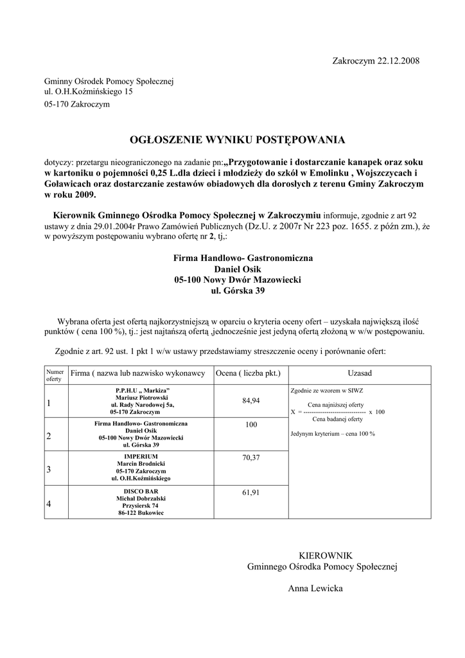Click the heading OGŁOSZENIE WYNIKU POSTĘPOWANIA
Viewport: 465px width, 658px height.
click(x=238, y=139)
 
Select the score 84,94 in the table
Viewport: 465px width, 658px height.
click(x=251, y=400)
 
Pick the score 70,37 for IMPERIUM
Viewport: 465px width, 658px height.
click(x=251, y=458)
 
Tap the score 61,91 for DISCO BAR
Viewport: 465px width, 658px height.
click(x=251, y=492)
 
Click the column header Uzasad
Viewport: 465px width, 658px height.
click(x=360, y=373)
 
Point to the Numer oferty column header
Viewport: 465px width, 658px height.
click(x=55, y=375)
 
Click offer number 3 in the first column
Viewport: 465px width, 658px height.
click(x=48, y=470)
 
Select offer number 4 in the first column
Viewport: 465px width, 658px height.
click(x=48, y=504)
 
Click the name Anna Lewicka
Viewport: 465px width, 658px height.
click(x=315, y=589)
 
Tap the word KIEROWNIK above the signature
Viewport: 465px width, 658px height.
click(x=326, y=555)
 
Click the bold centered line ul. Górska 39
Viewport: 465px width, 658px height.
click(x=238, y=291)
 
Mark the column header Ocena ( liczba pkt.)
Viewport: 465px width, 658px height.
click(x=248, y=373)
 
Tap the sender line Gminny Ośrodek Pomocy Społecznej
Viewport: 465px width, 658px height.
click(x=109, y=82)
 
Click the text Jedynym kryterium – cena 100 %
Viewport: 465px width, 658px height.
click(x=333, y=434)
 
